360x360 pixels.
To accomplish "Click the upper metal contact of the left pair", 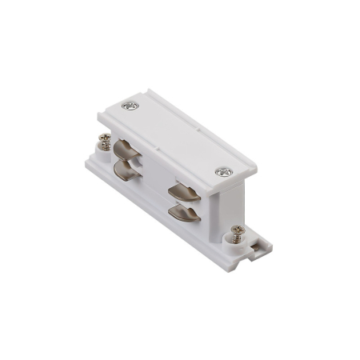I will (x=124, y=152).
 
